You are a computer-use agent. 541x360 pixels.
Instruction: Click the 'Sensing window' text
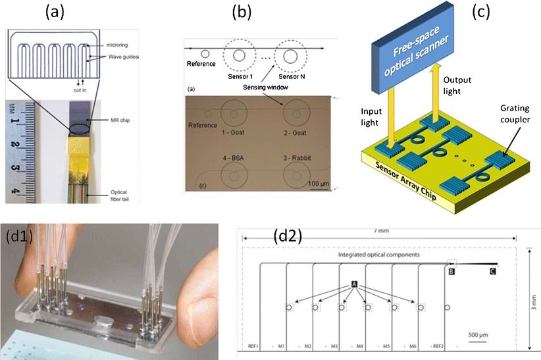click(x=260, y=86)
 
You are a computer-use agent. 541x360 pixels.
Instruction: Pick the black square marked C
click(x=492, y=270)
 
